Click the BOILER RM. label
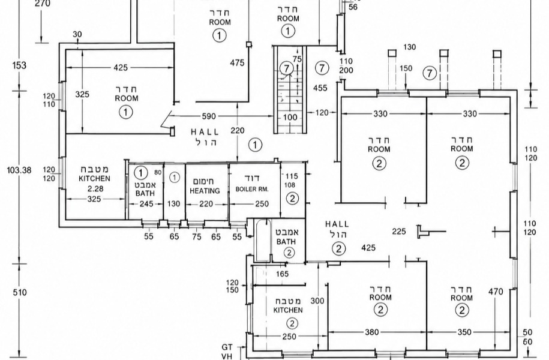(x=252, y=189)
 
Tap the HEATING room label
(x=205, y=191)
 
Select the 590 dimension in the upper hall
(x=209, y=116)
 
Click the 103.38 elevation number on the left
(x=19, y=170)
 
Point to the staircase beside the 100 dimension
(x=290, y=89)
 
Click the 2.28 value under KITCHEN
(x=95, y=189)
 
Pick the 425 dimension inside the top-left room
(x=121, y=67)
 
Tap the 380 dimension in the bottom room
(x=372, y=332)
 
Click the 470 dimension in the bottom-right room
(x=496, y=292)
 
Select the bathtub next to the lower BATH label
(x=262, y=241)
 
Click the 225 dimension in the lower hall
(x=399, y=231)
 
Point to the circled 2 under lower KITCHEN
(x=292, y=323)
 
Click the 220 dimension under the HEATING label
(x=206, y=204)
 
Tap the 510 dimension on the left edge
(x=20, y=292)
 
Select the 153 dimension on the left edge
(x=19, y=65)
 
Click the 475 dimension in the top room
(x=237, y=63)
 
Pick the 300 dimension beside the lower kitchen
(x=317, y=301)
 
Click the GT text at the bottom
(x=227, y=347)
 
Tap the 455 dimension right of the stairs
(x=320, y=88)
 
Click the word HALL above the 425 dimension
(x=337, y=224)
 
